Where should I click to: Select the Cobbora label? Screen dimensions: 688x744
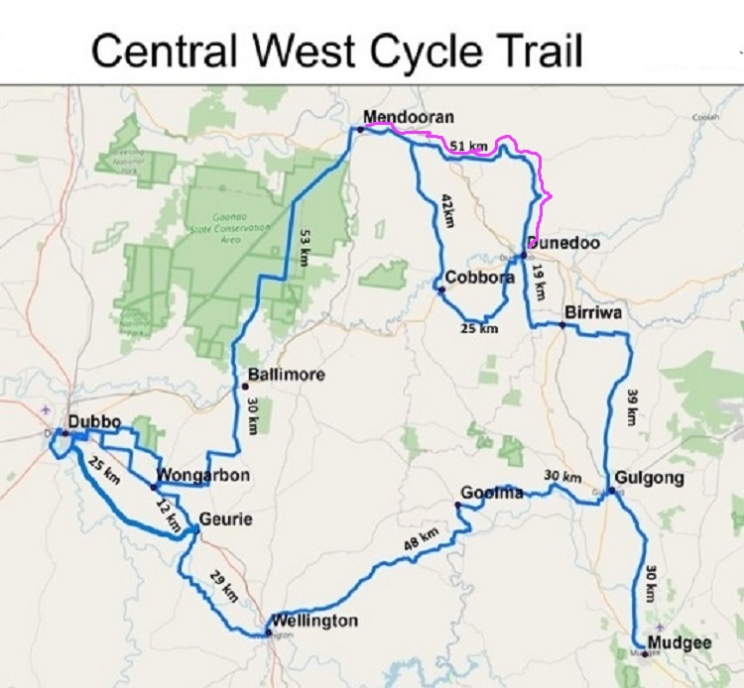479,279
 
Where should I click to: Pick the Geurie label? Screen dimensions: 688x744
225,518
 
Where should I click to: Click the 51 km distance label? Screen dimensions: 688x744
468,146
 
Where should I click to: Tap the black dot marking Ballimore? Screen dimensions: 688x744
244,385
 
